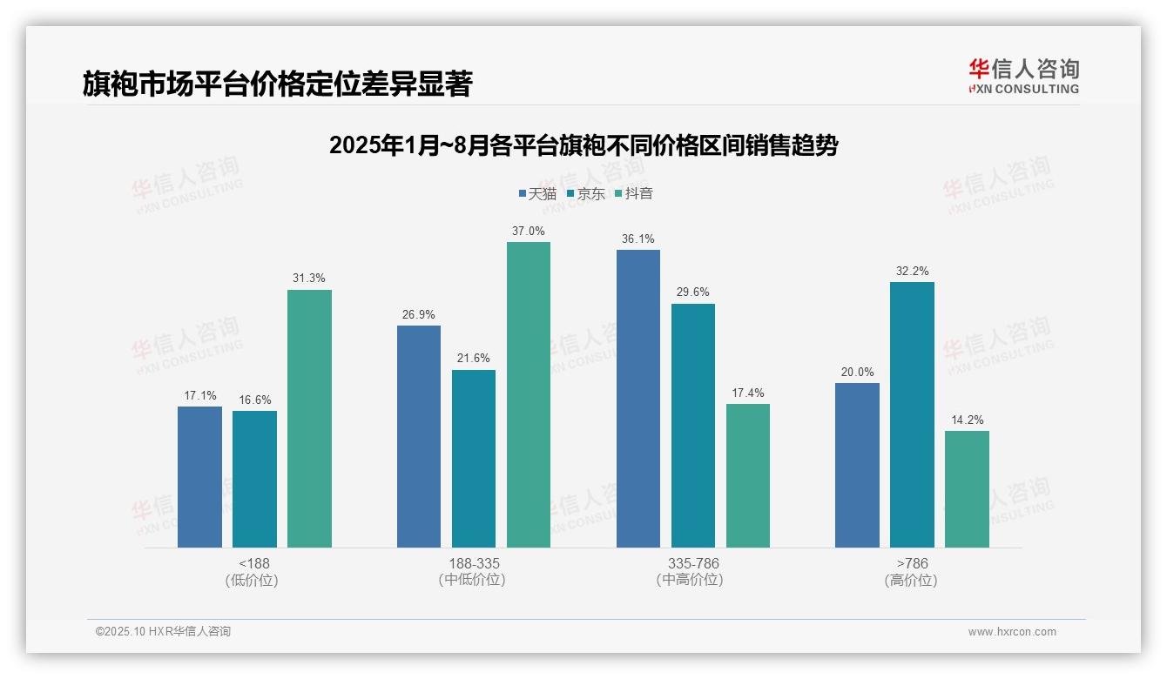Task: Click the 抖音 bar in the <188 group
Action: coord(309,419)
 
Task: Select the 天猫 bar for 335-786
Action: coord(638,399)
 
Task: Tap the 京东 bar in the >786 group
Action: coord(912,414)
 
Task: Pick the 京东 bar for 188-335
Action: coord(474,459)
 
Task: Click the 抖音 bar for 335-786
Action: coord(748,475)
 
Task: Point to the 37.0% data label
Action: coord(529,231)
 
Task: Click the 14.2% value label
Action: coord(967,420)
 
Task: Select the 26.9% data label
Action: coord(419,314)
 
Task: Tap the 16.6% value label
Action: coord(254,400)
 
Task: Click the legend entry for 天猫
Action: coord(537,193)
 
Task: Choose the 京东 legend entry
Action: coord(586,193)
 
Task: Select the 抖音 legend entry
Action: coord(634,193)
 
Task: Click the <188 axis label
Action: coord(253,563)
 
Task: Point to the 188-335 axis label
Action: coord(474,563)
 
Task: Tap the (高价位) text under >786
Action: coord(912,581)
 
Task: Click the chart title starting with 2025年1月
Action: coord(583,145)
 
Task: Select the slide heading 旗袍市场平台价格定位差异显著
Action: coord(277,84)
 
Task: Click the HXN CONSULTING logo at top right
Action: coord(1023,77)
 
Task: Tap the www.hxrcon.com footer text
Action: coord(1012,632)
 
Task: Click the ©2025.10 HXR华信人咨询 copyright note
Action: coord(163,632)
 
